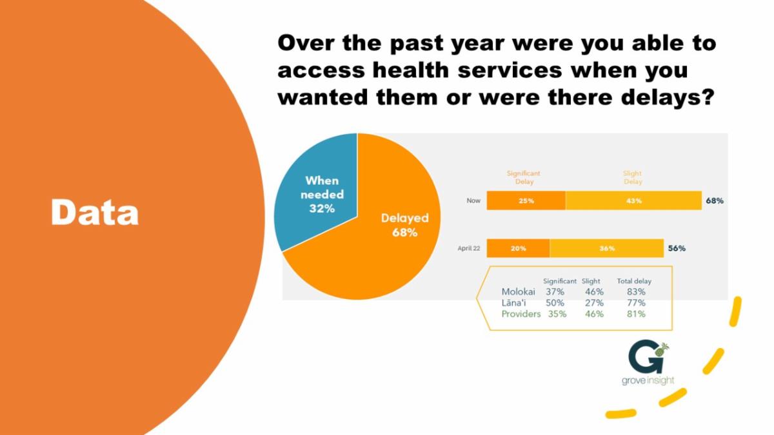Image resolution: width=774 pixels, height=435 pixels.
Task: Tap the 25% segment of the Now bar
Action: (526, 200)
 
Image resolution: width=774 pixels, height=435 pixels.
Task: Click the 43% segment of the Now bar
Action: (633, 200)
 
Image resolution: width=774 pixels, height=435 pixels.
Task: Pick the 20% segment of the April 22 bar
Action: (518, 248)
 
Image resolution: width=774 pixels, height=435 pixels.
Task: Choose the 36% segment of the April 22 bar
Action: (606, 248)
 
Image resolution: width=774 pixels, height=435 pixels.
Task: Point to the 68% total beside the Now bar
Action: (714, 200)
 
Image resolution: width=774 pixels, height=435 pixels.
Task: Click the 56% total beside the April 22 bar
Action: (676, 248)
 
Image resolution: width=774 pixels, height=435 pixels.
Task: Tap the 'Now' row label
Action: (473, 200)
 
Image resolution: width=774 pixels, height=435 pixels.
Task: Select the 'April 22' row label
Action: (470, 248)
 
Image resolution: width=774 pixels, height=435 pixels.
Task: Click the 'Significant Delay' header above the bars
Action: (523, 177)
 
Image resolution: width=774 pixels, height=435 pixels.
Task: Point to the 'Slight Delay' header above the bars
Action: (633, 177)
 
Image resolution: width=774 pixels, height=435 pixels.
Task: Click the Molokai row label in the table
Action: (518, 292)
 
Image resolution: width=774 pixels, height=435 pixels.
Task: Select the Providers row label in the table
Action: (521, 314)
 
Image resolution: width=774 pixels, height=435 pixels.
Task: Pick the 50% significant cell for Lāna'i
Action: (555, 303)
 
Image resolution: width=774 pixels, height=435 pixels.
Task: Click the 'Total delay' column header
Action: (634, 281)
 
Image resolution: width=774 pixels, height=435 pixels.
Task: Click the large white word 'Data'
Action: (95, 212)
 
